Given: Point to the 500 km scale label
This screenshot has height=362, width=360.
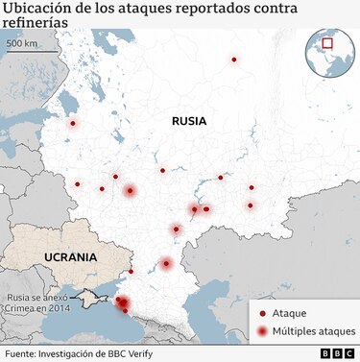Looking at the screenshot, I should pos(22,44).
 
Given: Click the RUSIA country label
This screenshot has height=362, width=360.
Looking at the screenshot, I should pos(189,121).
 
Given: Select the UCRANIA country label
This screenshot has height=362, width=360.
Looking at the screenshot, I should pos(70,257).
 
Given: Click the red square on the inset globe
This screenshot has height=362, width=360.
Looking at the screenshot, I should pos(327,43).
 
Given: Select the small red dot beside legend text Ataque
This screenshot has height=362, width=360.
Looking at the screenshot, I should pos(262,314).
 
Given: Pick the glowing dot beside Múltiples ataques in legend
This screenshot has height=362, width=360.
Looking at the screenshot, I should pos(262,331).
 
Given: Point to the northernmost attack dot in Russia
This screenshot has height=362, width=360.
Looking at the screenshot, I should pos(233,60).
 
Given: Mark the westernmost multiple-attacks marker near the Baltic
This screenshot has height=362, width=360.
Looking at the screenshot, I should pos(73,123).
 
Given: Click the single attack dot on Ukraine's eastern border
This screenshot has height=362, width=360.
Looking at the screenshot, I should pos(132,271).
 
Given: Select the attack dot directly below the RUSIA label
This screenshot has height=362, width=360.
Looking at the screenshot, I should pos(162,171).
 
